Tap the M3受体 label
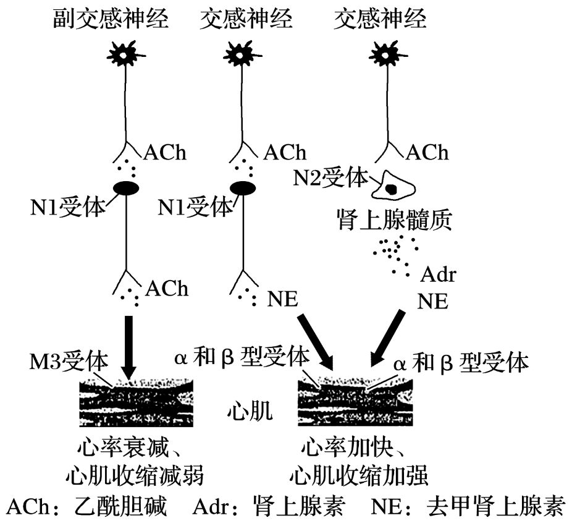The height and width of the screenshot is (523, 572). (x=69, y=359)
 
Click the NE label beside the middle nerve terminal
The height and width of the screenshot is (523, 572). (x=282, y=299)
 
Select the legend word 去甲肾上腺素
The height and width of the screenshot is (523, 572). (x=495, y=507)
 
